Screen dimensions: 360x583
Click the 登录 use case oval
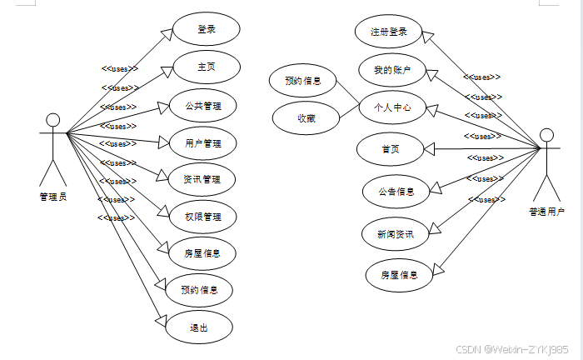(207, 30)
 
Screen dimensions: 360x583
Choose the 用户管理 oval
(203, 143)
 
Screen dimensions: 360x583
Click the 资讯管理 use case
(202, 179)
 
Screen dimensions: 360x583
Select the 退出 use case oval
(199, 327)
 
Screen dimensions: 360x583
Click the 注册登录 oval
(389, 32)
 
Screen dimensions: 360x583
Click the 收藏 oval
(306, 117)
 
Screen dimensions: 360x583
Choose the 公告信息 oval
(396, 191)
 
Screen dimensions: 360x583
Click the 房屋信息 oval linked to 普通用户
(400, 274)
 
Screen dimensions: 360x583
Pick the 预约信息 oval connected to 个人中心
(303, 82)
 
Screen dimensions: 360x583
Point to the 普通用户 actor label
(547, 211)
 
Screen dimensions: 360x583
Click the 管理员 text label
(52, 197)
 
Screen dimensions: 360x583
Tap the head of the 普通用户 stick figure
(547, 134)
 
